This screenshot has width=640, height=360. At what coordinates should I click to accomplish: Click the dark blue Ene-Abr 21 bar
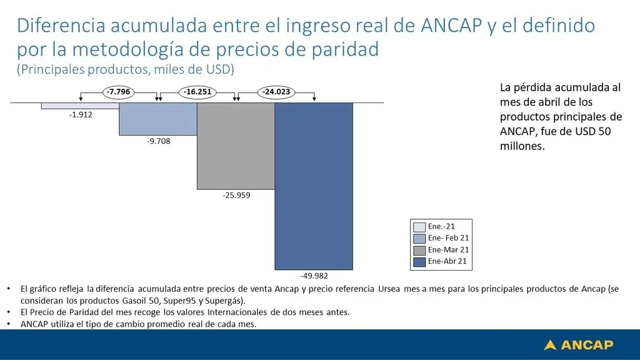tap(314, 186)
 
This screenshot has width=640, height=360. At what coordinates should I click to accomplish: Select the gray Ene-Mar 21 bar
tap(236, 146)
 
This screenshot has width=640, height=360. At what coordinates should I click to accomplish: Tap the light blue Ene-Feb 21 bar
tap(158, 119)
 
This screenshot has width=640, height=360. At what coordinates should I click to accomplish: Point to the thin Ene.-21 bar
tap(81, 106)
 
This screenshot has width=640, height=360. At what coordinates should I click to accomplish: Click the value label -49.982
tap(314, 276)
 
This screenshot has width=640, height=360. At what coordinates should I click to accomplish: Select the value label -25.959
tap(236, 195)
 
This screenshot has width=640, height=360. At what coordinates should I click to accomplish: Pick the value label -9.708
tap(158, 141)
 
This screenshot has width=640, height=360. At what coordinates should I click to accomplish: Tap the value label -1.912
tap(81, 115)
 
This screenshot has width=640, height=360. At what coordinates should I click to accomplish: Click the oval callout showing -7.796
tap(118, 92)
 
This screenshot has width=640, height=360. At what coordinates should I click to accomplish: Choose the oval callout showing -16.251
tap(197, 92)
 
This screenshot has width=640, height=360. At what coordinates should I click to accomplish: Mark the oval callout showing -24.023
tap(276, 92)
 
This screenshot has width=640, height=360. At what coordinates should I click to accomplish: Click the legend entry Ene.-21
tap(434, 226)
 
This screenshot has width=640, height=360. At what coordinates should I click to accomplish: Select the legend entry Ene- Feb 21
tap(441, 238)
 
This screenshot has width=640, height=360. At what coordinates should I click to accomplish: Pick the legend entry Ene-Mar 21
tap(441, 250)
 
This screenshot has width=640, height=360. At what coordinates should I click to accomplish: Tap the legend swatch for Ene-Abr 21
tap(419, 262)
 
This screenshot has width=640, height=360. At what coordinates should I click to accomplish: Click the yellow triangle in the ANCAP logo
tap(550, 345)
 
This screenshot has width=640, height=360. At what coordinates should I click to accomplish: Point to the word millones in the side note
tap(522, 146)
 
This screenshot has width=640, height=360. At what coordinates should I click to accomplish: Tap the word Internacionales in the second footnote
tap(237, 312)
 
